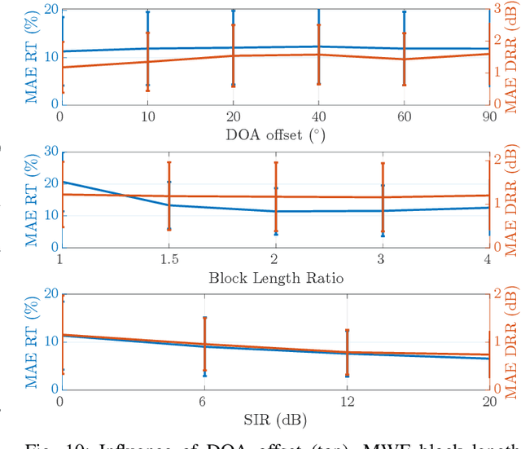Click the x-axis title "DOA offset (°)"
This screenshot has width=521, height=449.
[x=275, y=135]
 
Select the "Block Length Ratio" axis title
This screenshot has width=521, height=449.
[x=275, y=278]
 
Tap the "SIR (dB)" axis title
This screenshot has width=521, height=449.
[x=275, y=420]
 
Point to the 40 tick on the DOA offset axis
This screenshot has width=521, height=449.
[x=318, y=117]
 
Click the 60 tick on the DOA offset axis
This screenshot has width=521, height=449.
[x=404, y=117]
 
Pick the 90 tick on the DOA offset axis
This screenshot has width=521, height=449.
[x=488, y=117]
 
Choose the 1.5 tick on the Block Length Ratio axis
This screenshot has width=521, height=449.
[x=169, y=259]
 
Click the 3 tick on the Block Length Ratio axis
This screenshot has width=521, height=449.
[x=383, y=259]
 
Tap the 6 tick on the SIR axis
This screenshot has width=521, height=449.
[x=204, y=402]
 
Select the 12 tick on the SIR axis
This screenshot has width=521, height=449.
[x=347, y=402]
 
